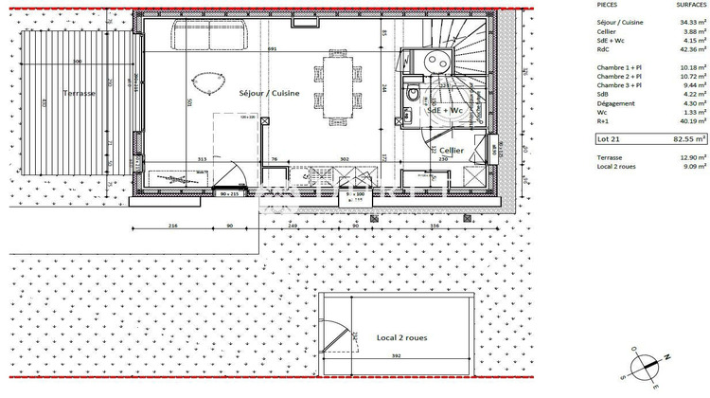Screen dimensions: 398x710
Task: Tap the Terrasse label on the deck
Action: click(80, 95)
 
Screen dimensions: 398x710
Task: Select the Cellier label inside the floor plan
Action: click(452, 150)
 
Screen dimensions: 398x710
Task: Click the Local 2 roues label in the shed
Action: click(398, 337)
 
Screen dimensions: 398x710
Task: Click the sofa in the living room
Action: click(209, 37)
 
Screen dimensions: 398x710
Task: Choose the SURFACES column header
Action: click(689, 5)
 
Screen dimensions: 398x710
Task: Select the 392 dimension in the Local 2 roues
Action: click(395, 355)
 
